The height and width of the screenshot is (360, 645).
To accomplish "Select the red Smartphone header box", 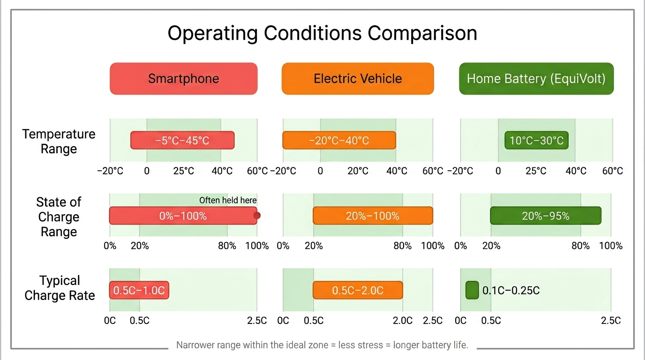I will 183,79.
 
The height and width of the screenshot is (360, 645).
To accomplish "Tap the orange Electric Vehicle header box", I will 358,79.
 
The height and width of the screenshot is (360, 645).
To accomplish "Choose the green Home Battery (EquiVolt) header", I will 536,79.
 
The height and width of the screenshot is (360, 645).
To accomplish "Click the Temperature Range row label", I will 59,141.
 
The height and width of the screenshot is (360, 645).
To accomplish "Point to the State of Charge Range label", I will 59,217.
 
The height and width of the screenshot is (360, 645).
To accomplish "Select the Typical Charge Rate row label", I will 60,288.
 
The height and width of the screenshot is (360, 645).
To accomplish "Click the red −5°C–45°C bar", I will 182,141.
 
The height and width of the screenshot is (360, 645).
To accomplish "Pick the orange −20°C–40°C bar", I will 339,141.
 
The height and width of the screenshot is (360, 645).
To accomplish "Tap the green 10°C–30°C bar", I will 536,141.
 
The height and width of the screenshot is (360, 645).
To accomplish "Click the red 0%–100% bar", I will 183,216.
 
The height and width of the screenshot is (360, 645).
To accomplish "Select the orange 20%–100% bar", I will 373,216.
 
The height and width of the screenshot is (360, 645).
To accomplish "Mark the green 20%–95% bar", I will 546,216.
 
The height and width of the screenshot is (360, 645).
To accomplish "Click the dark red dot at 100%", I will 257,216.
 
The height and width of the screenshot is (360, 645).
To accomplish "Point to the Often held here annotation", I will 228,200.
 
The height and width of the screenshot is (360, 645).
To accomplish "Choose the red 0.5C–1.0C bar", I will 139,291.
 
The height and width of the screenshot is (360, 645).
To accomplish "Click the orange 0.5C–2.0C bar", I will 358,291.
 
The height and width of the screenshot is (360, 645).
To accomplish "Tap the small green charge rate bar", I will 472,290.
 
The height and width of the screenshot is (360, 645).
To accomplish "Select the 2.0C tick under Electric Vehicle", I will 403,321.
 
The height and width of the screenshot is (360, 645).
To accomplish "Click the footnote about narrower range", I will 322,345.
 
